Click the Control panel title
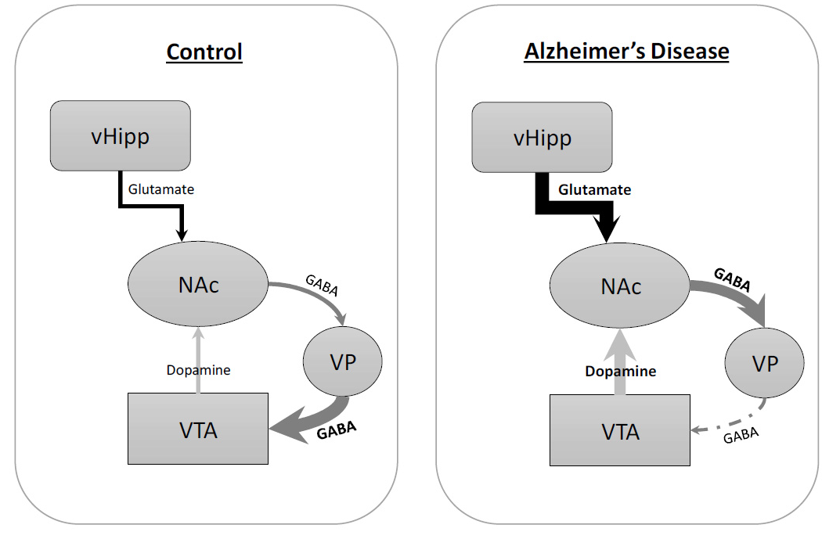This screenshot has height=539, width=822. tap(204, 52)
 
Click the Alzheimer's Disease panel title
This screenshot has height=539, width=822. tap(626, 52)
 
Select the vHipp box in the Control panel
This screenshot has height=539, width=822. tap(120, 135)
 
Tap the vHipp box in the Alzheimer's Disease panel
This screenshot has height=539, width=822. tap(542, 137)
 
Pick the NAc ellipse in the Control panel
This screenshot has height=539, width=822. tap(198, 284)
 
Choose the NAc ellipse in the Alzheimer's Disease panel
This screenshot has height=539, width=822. tap(620, 286)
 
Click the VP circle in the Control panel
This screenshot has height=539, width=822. tap(342, 361)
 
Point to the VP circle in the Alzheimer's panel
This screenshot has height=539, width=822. tap(764, 362)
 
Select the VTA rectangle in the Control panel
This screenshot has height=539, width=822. tap(198, 429)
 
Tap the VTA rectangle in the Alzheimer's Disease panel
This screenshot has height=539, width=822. tap(620, 430)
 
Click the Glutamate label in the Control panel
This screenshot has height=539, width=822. tap(161, 189)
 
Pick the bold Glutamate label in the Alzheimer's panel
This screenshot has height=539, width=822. tap(594, 189)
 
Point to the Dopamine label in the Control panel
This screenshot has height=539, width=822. tap(198, 370)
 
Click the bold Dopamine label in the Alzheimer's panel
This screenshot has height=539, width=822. tap(621, 372)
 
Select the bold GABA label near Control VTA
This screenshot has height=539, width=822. tap(337, 430)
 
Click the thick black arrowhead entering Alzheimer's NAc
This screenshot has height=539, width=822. tap(607, 228)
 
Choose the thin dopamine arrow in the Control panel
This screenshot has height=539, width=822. tap(198, 361)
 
